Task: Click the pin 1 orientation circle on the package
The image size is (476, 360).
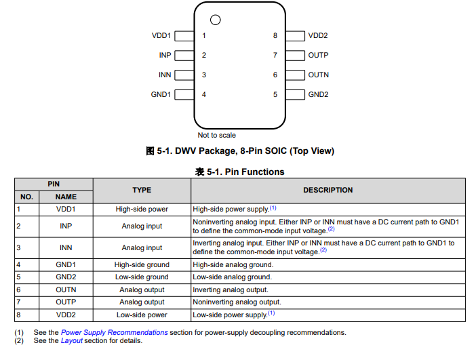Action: click(216, 20)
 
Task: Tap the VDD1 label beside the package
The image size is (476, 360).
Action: click(161, 36)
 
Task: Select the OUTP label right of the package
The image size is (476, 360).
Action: click(318, 56)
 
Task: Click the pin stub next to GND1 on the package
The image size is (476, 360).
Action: click(184, 95)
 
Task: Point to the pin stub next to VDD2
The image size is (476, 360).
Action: click(295, 36)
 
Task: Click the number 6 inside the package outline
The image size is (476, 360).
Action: click(275, 75)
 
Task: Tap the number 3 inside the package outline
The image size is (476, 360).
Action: click(203, 75)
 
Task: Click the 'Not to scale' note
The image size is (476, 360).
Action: click(217, 135)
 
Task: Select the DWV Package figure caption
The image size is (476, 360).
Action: click(240, 151)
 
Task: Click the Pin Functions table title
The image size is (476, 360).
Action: click(240, 172)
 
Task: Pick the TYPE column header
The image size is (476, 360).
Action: click(142, 191)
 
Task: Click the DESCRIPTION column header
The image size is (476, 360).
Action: click(328, 191)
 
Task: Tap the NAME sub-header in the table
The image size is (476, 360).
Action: click(66, 197)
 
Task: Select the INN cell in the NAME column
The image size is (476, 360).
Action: click(66, 248)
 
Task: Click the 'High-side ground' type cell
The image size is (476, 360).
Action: click(142, 265)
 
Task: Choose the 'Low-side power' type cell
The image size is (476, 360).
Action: click(142, 315)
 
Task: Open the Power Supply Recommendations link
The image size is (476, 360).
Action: click(114, 332)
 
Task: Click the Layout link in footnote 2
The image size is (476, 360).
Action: click(72, 341)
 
